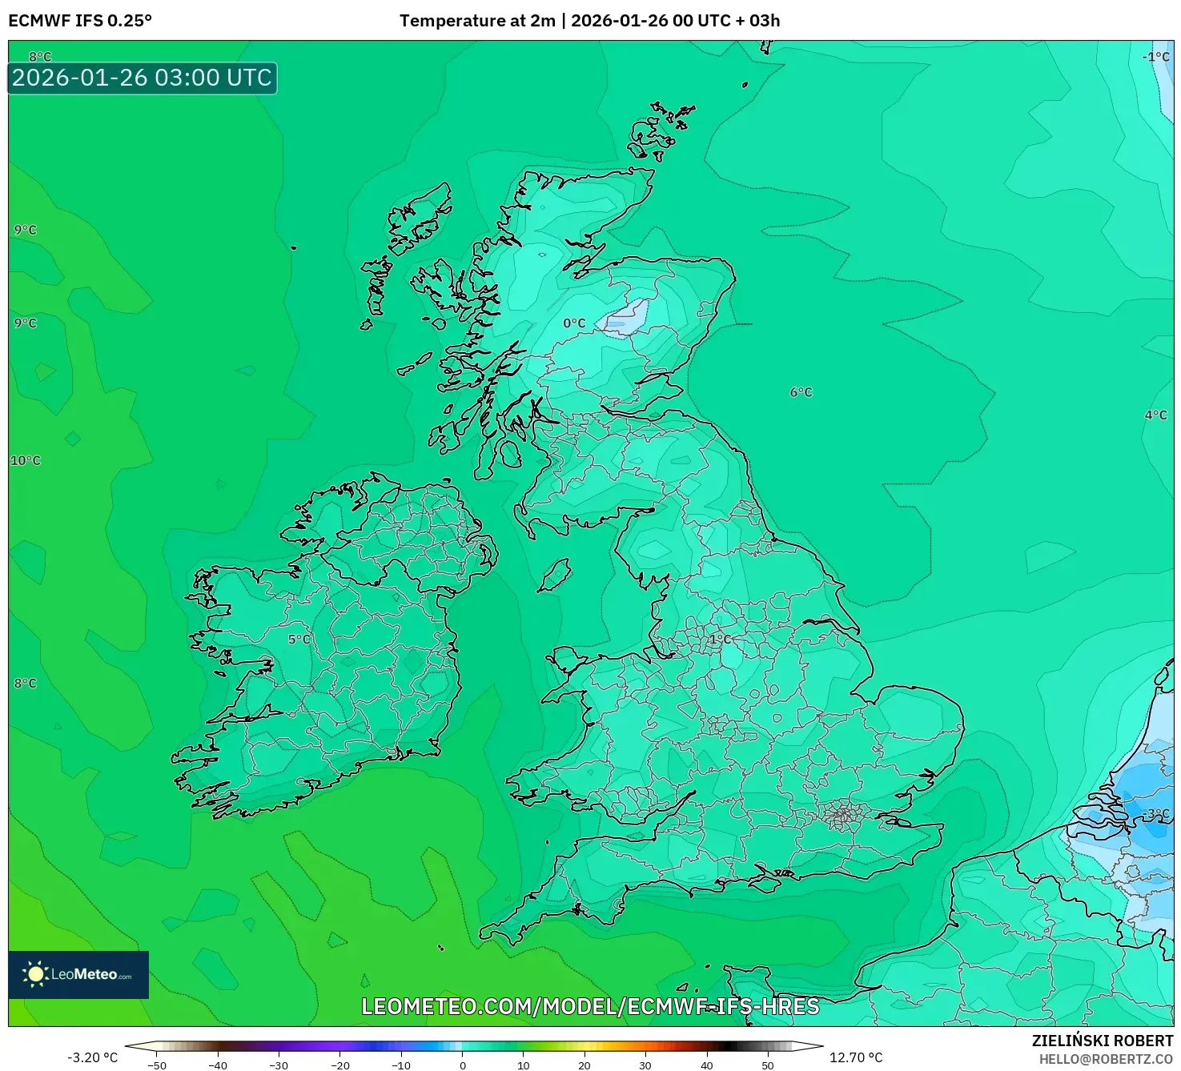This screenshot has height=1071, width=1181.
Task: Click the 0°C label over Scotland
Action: (574, 323)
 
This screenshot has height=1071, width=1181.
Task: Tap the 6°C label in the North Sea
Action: (801, 392)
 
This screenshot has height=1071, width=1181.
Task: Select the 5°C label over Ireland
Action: (299, 640)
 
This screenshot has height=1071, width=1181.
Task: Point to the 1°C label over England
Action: (719, 639)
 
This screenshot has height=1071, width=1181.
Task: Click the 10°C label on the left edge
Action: (26, 461)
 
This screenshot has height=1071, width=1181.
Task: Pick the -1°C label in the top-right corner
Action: (1155, 57)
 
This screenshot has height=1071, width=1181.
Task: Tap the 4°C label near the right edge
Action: (1155, 415)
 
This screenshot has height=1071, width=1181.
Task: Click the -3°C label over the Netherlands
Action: (1157, 813)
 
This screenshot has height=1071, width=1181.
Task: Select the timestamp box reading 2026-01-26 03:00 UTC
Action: (143, 78)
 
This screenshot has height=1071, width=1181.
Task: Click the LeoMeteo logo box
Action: (78, 974)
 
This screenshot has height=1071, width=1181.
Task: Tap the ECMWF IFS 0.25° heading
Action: (80, 21)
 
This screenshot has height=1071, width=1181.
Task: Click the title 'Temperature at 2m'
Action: (477, 21)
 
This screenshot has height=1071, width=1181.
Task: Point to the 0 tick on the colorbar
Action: (463, 1065)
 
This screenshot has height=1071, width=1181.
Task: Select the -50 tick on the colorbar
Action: (157, 1065)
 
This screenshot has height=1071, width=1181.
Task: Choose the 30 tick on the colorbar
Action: (645, 1065)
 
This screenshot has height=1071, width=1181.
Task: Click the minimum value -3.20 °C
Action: (93, 1057)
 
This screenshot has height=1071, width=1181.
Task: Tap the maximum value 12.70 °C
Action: (856, 1057)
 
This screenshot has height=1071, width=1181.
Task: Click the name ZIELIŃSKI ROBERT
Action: (1103, 1041)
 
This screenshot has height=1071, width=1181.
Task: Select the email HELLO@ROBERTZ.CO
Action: (1106, 1059)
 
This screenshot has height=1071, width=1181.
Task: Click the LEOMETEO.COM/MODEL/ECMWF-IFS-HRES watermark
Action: (590, 1006)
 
